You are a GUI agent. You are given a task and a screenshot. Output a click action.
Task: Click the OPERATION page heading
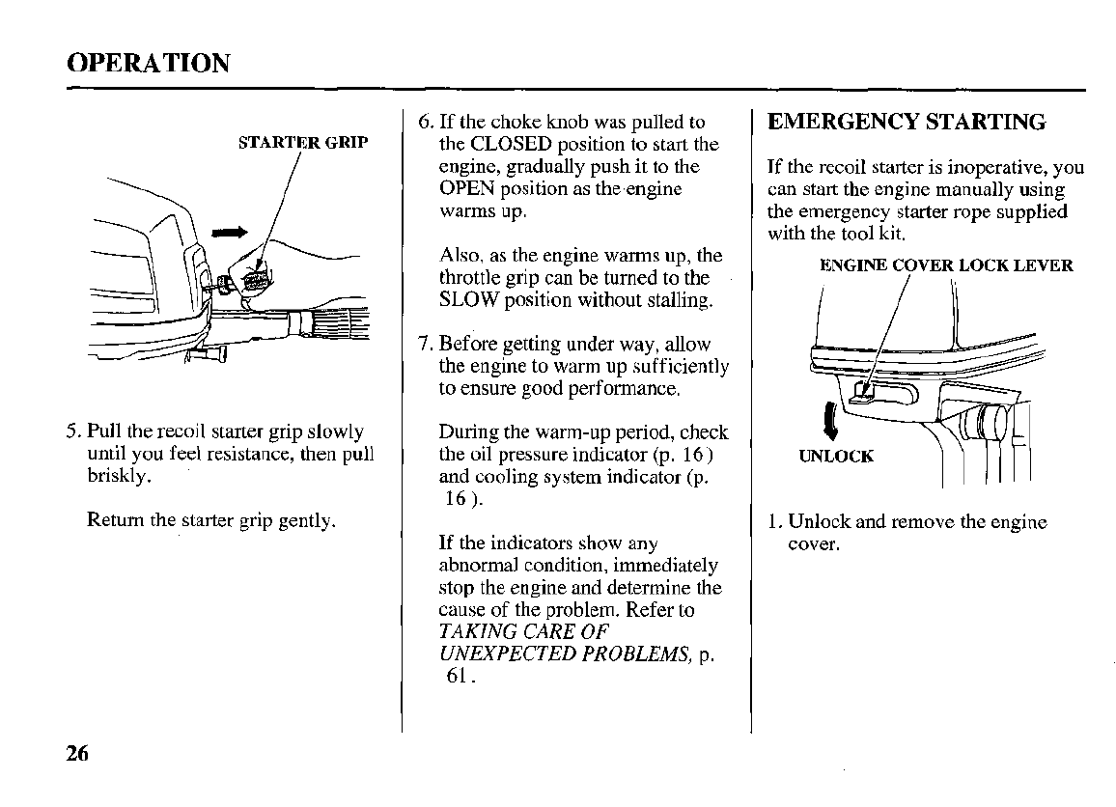pyautogui.click(x=149, y=64)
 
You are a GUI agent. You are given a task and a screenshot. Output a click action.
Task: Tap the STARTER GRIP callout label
pyautogui.click(x=303, y=144)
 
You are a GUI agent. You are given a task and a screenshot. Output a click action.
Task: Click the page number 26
pyautogui.click(x=78, y=754)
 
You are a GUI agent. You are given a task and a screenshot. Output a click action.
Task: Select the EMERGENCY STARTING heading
pyautogui.click(x=906, y=123)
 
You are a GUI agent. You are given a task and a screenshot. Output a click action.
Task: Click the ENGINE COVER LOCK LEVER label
pyautogui.click(x=945, y=265)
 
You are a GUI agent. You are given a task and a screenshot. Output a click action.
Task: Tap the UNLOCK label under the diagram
pyautogui.click(x=836, y=456)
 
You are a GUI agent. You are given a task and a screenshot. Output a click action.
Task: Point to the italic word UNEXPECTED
pyautogui.click(x=496, y=654)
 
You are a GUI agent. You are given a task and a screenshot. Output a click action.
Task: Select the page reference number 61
pyautogui.click(x=458, y=676)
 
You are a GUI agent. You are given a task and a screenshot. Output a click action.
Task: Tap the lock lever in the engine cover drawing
pyautogui.click(x=862, y=391)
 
